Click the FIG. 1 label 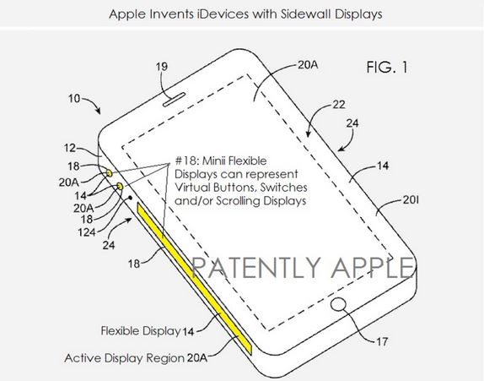coord(387,67)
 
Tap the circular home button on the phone coord(339,303)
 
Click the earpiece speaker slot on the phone coord(174,100)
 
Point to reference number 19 coord(162,67)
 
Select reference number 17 coord(382,342)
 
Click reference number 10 coord(74,99)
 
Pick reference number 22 coord(339,105)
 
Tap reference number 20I coord(411,200)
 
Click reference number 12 coord(70,148)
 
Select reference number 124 coord(86,232)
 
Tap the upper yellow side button coord(110,173)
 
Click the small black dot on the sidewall coord(130,198)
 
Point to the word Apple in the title coord(127,14)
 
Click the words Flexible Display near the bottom coord(141,330)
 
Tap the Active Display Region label coord(125,358)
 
